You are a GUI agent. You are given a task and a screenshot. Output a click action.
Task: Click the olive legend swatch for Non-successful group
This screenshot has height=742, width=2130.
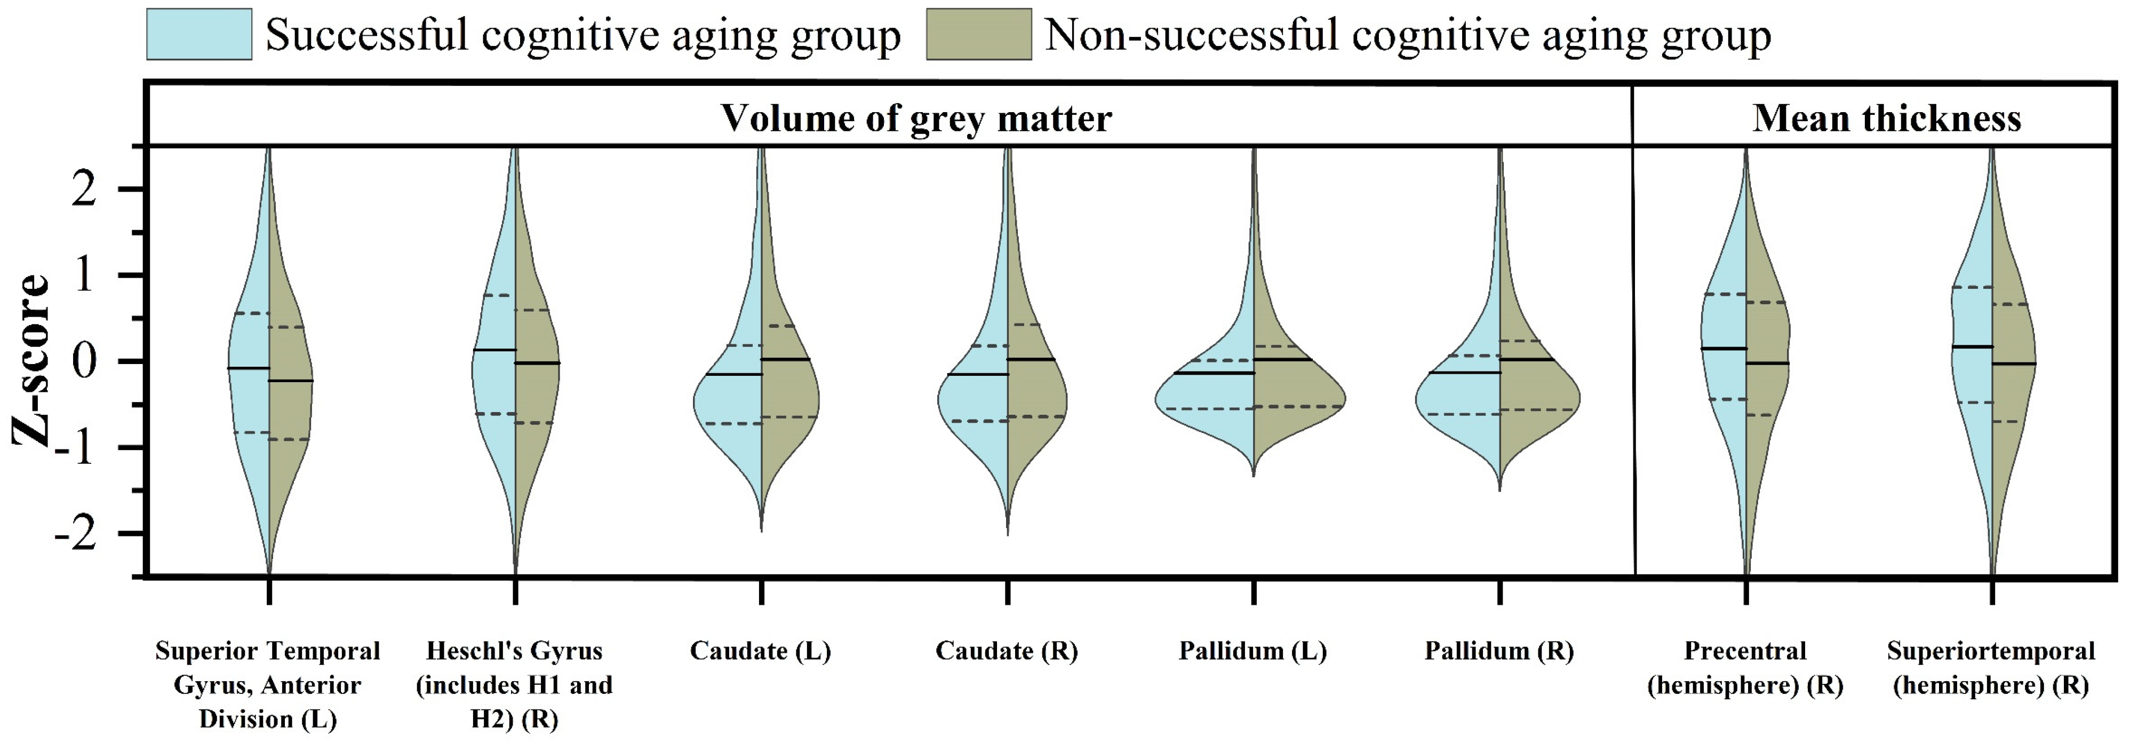(978, 34)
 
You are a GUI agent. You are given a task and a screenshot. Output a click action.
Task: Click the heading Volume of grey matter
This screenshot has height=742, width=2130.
(915, 119)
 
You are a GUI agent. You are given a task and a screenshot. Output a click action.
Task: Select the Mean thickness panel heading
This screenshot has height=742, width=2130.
(1886, 119)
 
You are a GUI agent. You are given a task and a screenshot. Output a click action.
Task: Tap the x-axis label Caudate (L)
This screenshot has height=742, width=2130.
(760, 651)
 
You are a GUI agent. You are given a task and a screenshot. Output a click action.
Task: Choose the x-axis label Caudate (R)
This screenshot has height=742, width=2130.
(1006, 651)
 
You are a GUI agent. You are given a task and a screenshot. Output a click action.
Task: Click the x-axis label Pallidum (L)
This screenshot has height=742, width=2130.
(1253, 651)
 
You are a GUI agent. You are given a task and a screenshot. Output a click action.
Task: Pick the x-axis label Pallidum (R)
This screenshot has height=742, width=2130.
(1498, 651)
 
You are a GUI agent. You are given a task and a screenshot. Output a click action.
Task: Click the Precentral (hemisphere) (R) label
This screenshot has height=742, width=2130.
(1745, 668)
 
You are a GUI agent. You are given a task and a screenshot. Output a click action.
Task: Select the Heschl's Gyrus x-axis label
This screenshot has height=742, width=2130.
(514, 684)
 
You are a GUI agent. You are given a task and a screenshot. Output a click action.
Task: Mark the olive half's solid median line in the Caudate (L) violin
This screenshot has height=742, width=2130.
(786, 359)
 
